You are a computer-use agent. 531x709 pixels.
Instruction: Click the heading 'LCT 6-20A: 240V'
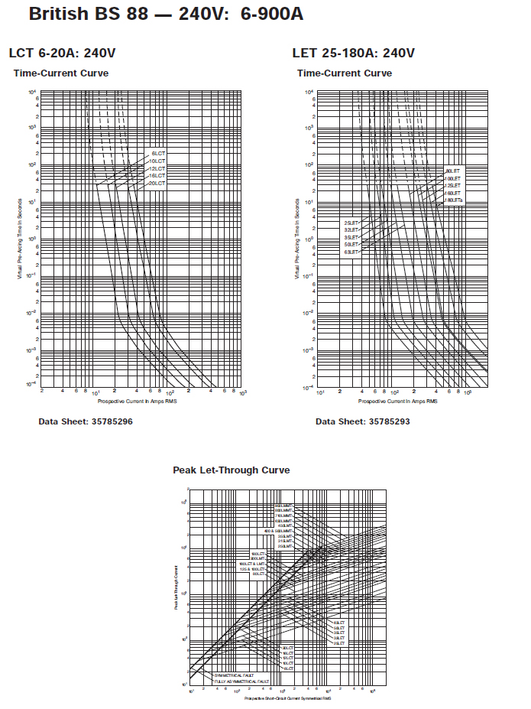[62, 53]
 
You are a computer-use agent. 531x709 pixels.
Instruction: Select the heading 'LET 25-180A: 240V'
[353, 53]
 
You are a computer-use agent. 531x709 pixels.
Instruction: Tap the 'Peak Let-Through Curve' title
[231, 470]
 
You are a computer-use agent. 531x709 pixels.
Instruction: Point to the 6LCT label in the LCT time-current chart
[158, 154]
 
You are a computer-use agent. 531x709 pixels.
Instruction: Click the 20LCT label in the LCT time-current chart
[157, 184]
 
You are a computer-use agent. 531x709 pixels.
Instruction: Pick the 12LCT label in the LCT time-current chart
[157, 168]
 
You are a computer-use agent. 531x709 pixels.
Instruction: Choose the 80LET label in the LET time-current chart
[453, 171]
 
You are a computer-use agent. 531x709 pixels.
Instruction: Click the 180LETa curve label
[455, 200]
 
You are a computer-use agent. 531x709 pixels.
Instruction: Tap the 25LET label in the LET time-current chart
[351, 223]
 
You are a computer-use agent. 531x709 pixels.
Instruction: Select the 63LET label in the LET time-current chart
[351, 252]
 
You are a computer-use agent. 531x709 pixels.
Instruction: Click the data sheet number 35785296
[86, 421]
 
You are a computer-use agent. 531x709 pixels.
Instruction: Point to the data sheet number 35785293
[363, 421]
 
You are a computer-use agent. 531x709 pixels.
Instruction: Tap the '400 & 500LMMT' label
[279, 531]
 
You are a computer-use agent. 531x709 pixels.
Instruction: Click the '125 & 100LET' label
[252, 569]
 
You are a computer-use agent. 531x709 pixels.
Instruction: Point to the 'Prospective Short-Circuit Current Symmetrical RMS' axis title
[288, 698]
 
